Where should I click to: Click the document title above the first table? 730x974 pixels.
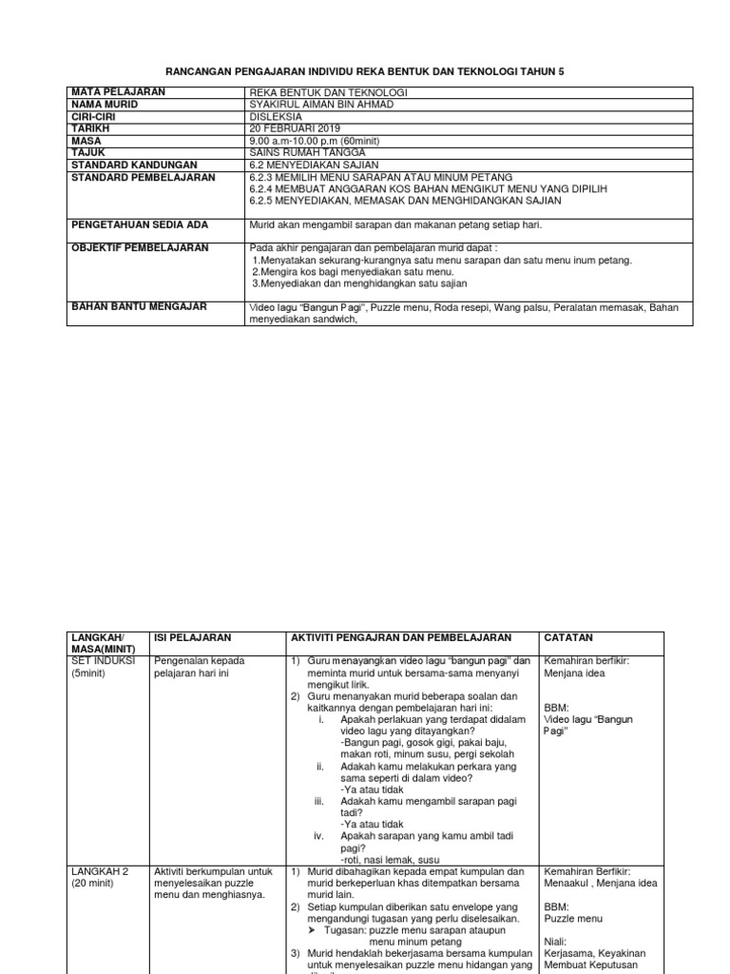(x=365, y=71)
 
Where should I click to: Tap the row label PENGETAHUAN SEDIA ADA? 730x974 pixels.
(x=140, y=224)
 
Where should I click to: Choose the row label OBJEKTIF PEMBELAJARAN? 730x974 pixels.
(x=140, y=248)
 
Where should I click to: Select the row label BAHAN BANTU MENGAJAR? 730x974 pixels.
(x=139, y=307)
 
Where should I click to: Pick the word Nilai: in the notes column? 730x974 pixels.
(x=557, y=943)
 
